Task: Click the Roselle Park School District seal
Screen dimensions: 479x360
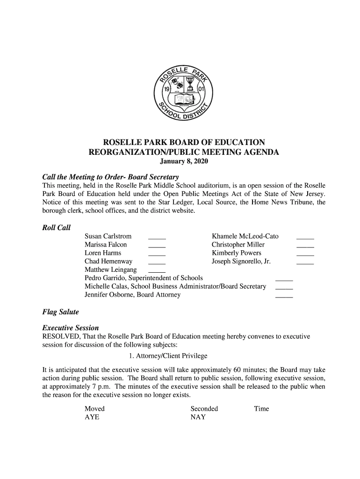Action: [x=183, y=91]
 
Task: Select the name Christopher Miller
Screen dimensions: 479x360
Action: [x=238, y=245]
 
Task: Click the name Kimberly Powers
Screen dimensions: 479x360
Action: [x=236, y=253]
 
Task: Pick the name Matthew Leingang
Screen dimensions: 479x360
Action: [x=110, y=270]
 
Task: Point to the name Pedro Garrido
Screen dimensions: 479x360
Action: [x=105, y=278]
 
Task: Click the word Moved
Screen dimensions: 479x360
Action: [x=94, y=409]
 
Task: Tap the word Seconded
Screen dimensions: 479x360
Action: [x=204, y=409]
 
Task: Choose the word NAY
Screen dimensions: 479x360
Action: [x=198, y=417]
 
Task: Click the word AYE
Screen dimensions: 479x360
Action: [x=92, y=417]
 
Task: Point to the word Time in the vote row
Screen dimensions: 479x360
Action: [x=261, y=409]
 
